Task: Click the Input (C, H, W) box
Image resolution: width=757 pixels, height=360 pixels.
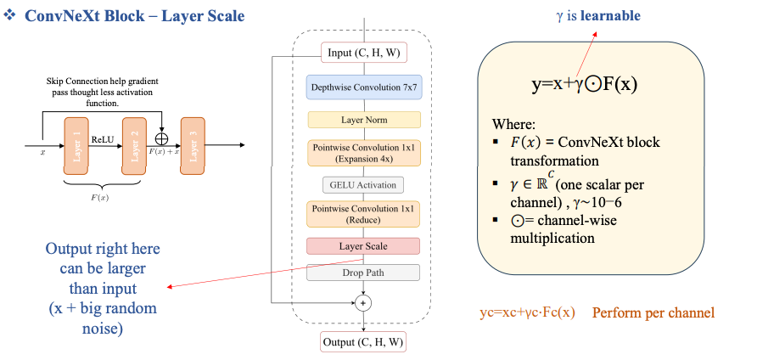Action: pyautogui.click(x=363, y=53)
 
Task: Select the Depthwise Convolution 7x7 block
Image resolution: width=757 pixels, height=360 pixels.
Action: pyautogui.click(x=363, y=87)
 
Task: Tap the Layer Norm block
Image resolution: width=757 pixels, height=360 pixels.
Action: pyautogui.click(x=363, y=121)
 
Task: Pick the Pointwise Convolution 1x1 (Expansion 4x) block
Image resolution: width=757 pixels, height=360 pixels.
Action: pyautogui.click(x=363, y=153)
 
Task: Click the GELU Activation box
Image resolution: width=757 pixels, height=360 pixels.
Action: pyautogui.click(x=363, y=184)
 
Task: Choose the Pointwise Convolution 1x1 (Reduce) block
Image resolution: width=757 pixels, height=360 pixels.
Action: pyautogui.click(x=363, y=214)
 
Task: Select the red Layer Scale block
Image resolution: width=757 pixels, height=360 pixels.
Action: pyautogui.click(x=363, y=246)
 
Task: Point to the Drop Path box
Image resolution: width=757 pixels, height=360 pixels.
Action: pyautogui.click(x=363, y=273)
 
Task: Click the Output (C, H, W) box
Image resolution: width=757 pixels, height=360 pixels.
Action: pyautogui.click(x=363, y=343)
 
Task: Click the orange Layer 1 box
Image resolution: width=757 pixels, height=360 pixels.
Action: pyautogui.click(x=76, y=146)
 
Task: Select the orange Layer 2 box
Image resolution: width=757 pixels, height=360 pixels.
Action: pyautogui.click(x=134, y=146)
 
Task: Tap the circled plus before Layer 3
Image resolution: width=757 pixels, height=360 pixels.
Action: pyautogui.click(x=161, y=138)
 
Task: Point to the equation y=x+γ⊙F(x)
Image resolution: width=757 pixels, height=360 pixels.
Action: pyautogui.click(x=585, y=85)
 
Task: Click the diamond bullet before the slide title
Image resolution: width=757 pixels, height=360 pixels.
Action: pyautogui.click(x=11, y=16)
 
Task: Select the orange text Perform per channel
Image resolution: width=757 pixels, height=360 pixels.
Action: pyautogui.click(x=653, y=312)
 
